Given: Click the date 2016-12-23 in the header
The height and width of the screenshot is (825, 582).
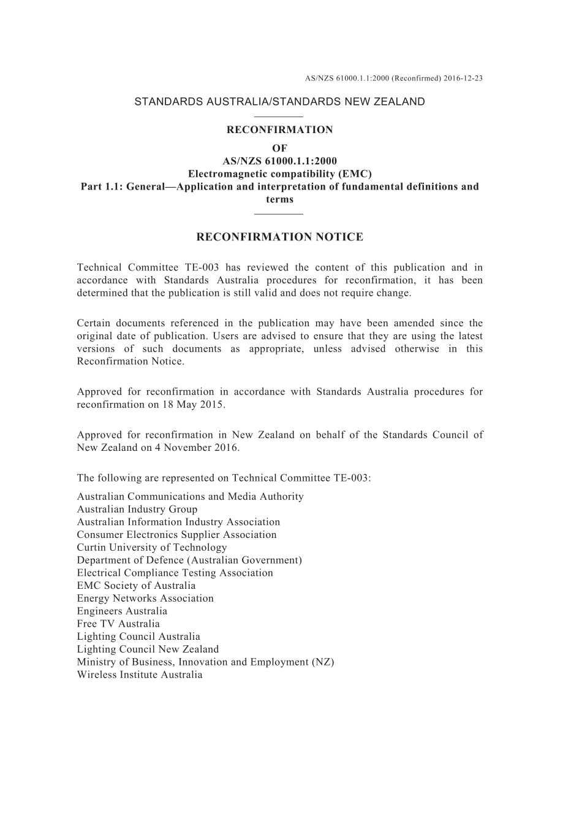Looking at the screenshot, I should [463, 79].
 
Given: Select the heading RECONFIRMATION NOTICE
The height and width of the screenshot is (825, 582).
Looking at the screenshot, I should [279, 237].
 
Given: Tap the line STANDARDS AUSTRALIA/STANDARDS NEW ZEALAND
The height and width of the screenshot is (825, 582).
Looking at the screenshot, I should [279, 102].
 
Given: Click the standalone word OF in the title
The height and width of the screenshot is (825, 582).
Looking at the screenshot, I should [279, 148].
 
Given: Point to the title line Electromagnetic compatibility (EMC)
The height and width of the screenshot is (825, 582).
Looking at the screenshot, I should [279, 174].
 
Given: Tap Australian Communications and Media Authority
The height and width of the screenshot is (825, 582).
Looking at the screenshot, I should [190, 497].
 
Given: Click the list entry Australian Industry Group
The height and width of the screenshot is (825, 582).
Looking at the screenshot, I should [137, 509].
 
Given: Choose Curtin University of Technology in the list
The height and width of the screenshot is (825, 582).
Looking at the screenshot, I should [152, 548].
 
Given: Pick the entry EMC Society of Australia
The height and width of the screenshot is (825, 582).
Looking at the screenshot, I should [136, 586].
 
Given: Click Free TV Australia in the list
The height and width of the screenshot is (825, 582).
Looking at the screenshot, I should [118, 624].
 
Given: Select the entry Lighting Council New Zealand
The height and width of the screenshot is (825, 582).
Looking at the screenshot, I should [148, 650].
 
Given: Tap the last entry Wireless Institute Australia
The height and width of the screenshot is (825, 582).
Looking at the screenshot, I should [140, 675].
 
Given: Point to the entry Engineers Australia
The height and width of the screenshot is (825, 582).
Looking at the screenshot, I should [122, 611].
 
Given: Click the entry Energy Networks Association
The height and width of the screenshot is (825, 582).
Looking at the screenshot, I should [145, 599].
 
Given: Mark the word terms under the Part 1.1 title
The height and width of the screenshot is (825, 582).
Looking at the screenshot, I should [279, 199].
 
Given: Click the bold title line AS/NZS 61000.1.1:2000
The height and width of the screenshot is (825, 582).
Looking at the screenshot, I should [279, 161].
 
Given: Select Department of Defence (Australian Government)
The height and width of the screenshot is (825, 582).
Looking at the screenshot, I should [189, 560].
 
